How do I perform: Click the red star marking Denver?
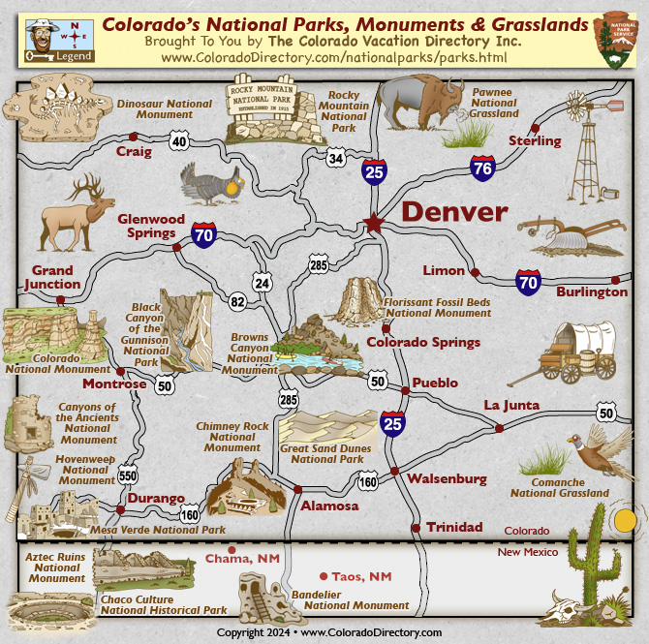click(373, 224)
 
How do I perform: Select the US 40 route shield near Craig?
click(178, 141)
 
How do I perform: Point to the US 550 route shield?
click(128, 475)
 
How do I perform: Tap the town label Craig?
click(134, 151)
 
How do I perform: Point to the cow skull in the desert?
click(567, 613)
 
